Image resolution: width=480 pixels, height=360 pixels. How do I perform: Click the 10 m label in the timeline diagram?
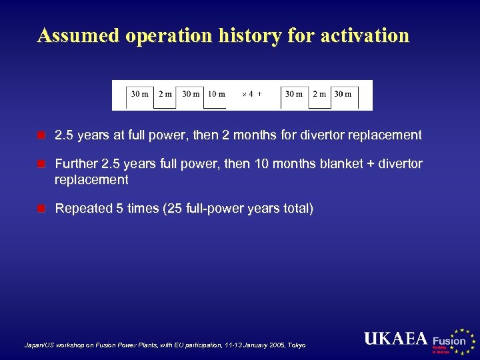click(x=216, y=94)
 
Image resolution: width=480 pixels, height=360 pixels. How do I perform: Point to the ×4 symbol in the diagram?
click(x=247, y=94)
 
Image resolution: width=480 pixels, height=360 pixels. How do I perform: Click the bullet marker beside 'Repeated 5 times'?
click(x=41, y=209)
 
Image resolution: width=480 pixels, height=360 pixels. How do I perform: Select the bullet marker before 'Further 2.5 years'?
click(x=41, y=164)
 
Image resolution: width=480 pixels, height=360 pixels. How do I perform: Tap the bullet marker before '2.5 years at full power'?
click(x=41, y=135)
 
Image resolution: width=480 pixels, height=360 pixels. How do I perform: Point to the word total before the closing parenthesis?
click(x=294, y=209)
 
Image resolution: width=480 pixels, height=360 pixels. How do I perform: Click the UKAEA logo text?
click(x=395, y=339)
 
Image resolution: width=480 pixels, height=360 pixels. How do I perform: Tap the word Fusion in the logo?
click(x=449, y=341)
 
